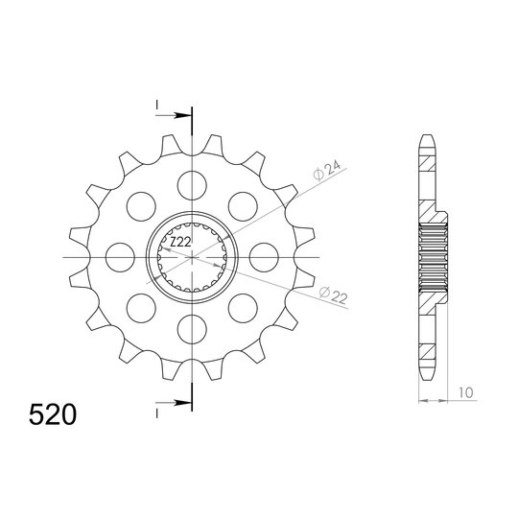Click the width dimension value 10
click(464, 392)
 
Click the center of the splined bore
click(192, 257)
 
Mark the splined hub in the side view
click(432, 257)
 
